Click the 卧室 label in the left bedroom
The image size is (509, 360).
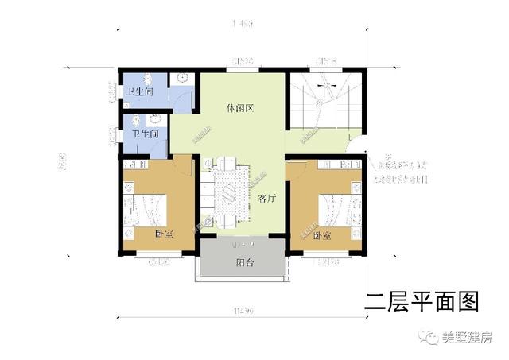click(165, 234)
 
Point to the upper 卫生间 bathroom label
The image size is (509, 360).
click(139, 91)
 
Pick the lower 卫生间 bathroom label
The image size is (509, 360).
click(146, 134)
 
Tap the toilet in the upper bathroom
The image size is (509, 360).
click(183, 79)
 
